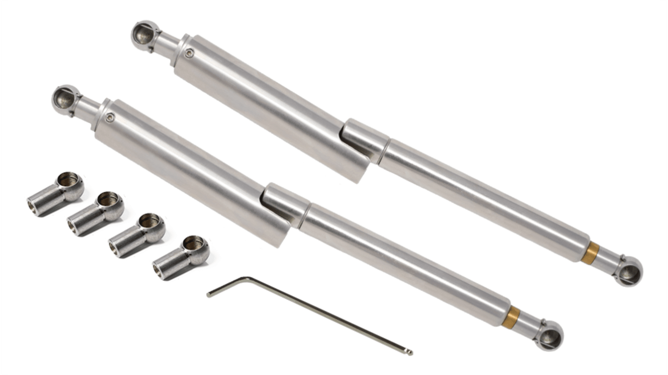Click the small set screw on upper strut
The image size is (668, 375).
pos(189,54)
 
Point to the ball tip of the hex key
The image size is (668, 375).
pos(410,352)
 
